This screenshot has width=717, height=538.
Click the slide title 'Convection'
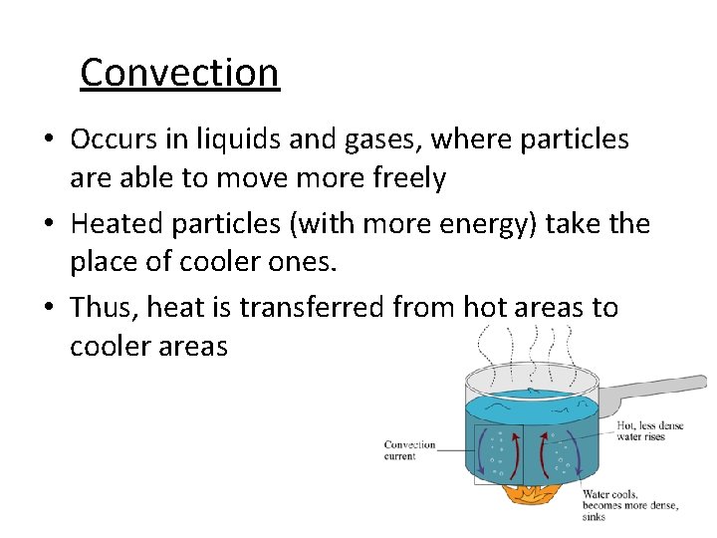pyautogui.click(x=179, y=72)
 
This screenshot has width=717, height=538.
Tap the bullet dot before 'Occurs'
pyautogui.click(x=48, y=140)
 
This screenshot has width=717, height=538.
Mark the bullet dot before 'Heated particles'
pyautogui.click(x=48, y=224)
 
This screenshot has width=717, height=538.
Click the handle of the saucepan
pyautogui.click(x=657, y=393)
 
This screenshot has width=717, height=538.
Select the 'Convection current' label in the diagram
pyautogui.click(x=409, y=450)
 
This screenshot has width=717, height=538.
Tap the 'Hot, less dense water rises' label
pyautogui.click(x=650, y=430)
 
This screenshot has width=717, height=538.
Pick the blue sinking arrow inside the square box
pyautogui.click(x=484, y=456)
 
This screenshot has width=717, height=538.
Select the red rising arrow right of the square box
pyautogui.click(x=543, y=454)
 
